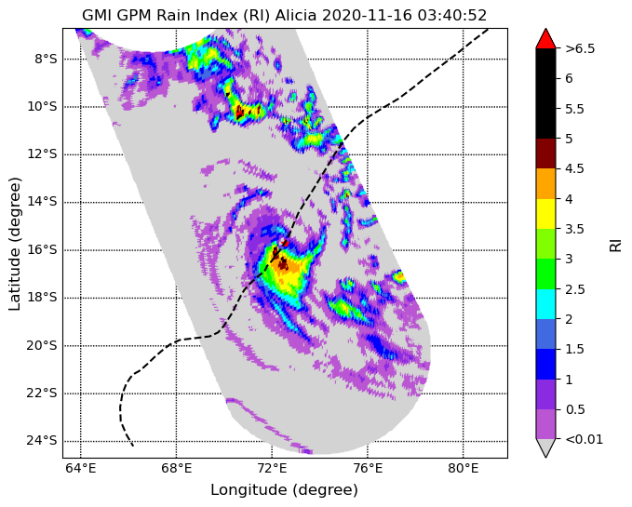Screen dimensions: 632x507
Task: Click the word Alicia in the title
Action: click(295, 15)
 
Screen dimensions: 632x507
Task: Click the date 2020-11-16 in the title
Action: click(367, 15)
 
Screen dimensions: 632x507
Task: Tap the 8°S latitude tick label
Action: click(46, 60)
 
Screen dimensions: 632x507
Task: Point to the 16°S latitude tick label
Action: click(42, 250)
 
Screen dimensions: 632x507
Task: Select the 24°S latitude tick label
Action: click(42, 441)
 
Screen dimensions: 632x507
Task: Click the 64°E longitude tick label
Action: click(81, 468)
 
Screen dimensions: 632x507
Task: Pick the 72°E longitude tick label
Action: click(272, 468)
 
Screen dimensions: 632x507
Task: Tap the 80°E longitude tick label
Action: click(464, 468)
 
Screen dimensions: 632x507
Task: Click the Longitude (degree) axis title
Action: click(284, 490)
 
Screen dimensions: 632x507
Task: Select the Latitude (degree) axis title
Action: click(14, 244)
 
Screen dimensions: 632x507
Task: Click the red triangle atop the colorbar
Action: click(545, 39)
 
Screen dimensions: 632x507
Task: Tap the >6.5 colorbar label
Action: click(580, 48)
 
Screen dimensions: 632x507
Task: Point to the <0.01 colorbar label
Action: click(584, 439)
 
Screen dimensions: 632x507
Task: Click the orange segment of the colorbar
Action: click(545, 183)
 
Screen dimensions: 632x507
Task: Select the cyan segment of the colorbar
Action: click(545, 304)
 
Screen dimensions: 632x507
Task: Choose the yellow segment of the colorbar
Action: click(545, 214)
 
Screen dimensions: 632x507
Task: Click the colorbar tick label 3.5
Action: click(574, 229)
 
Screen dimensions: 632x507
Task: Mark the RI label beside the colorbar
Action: click(615, 244)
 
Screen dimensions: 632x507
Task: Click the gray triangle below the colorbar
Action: click(545, 447)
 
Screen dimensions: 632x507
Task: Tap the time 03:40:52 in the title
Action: click(452, 15)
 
